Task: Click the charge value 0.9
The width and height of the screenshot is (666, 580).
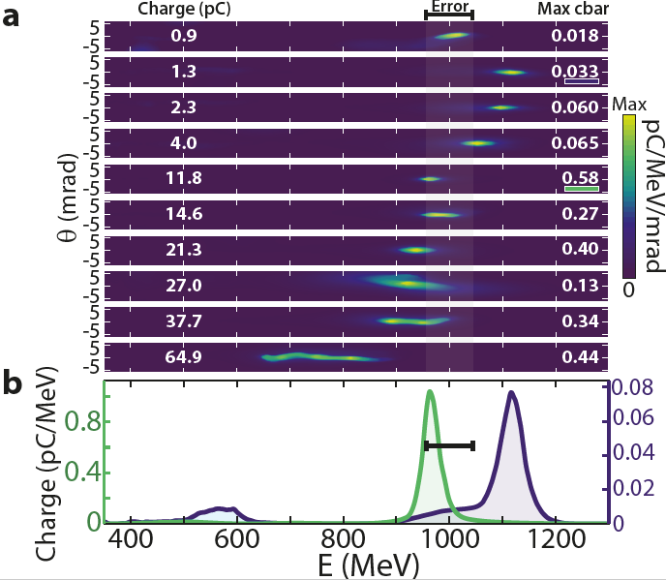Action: [183, 37]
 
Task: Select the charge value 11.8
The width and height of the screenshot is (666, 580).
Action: [183, 179]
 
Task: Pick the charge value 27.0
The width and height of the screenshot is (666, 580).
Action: [183, 287]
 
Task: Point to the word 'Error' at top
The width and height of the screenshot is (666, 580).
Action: [449, 6]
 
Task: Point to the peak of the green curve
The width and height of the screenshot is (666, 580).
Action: [430, 391]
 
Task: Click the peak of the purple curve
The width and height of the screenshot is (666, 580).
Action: [510, 392]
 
